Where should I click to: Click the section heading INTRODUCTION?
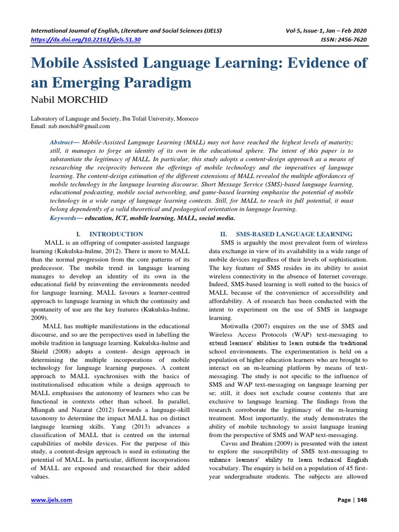(x=116, y=234)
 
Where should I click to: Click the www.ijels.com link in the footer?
(x=51, y=500)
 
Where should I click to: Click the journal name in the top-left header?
(x=127, y=31)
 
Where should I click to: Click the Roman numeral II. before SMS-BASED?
(x=225, y=234)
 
